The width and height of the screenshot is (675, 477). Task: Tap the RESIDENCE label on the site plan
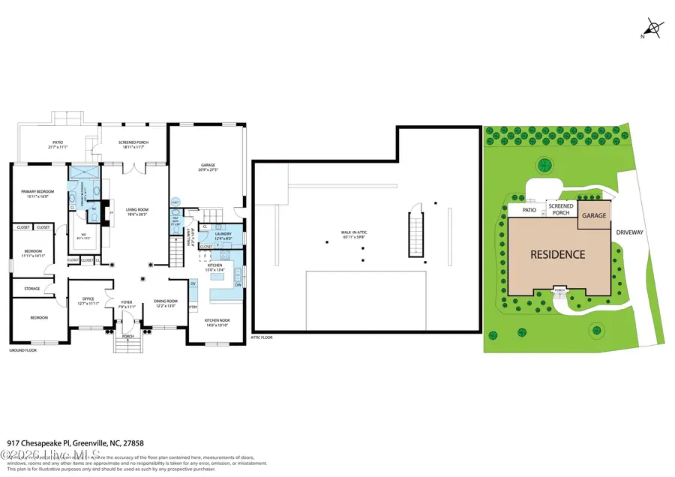pyautogui.click(x=557, y=254)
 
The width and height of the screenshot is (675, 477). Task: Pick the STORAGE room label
pyautogui.click(x=31, y=288)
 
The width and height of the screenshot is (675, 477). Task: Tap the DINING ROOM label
pyautogui.click(x=164, y=301)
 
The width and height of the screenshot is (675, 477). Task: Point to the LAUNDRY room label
pyautogui.click(x=223, y=234)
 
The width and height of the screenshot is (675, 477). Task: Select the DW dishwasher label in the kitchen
pyautogui.click(x=237, y=286)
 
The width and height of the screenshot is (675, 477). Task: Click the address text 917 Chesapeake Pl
pyautogui.click(x=37, y=442)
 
